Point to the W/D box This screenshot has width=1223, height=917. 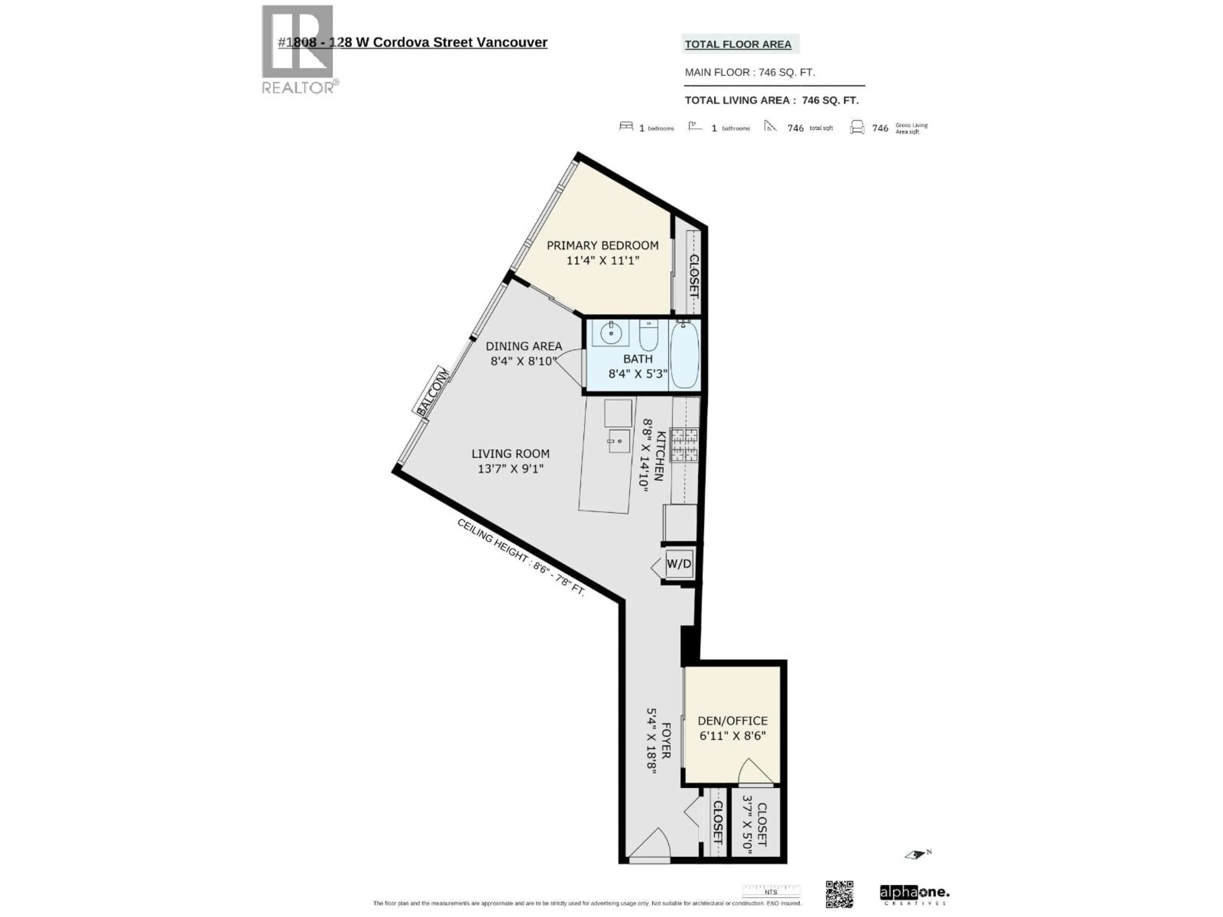click(x=679, y=564)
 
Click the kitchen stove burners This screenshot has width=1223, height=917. click(x=684, y=445)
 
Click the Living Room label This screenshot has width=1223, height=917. click(x=510, y=454)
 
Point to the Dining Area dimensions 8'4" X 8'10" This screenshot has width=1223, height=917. click(x=523, y=361)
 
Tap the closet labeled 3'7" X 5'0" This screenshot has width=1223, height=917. click(x=755, y=824)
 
